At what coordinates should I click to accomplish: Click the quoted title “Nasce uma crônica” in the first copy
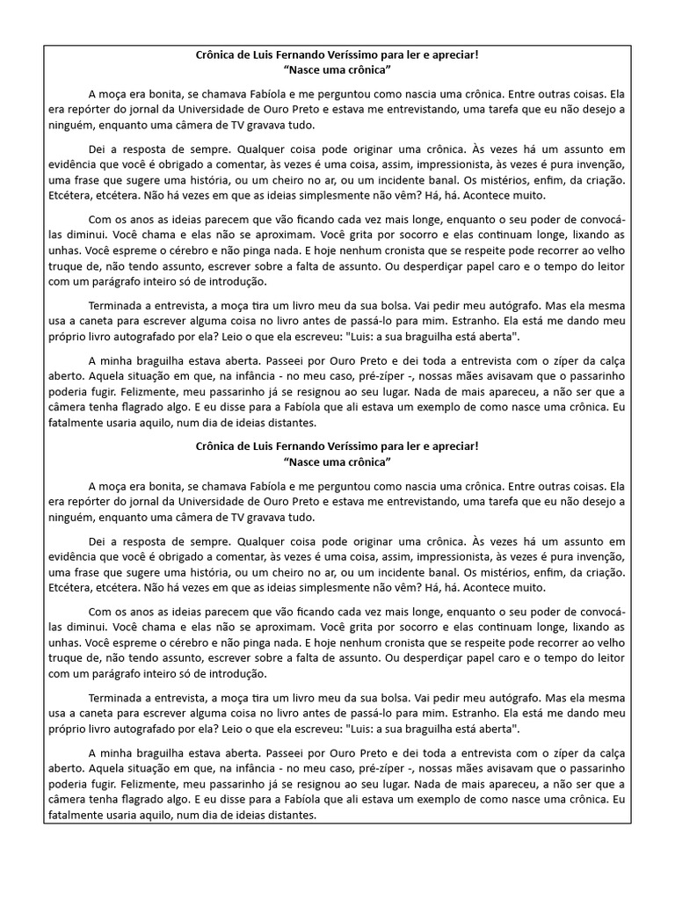click(337, 69)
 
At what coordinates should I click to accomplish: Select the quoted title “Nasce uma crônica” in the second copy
click(337, 461)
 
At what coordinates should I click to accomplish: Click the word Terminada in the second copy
click(116, 698)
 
